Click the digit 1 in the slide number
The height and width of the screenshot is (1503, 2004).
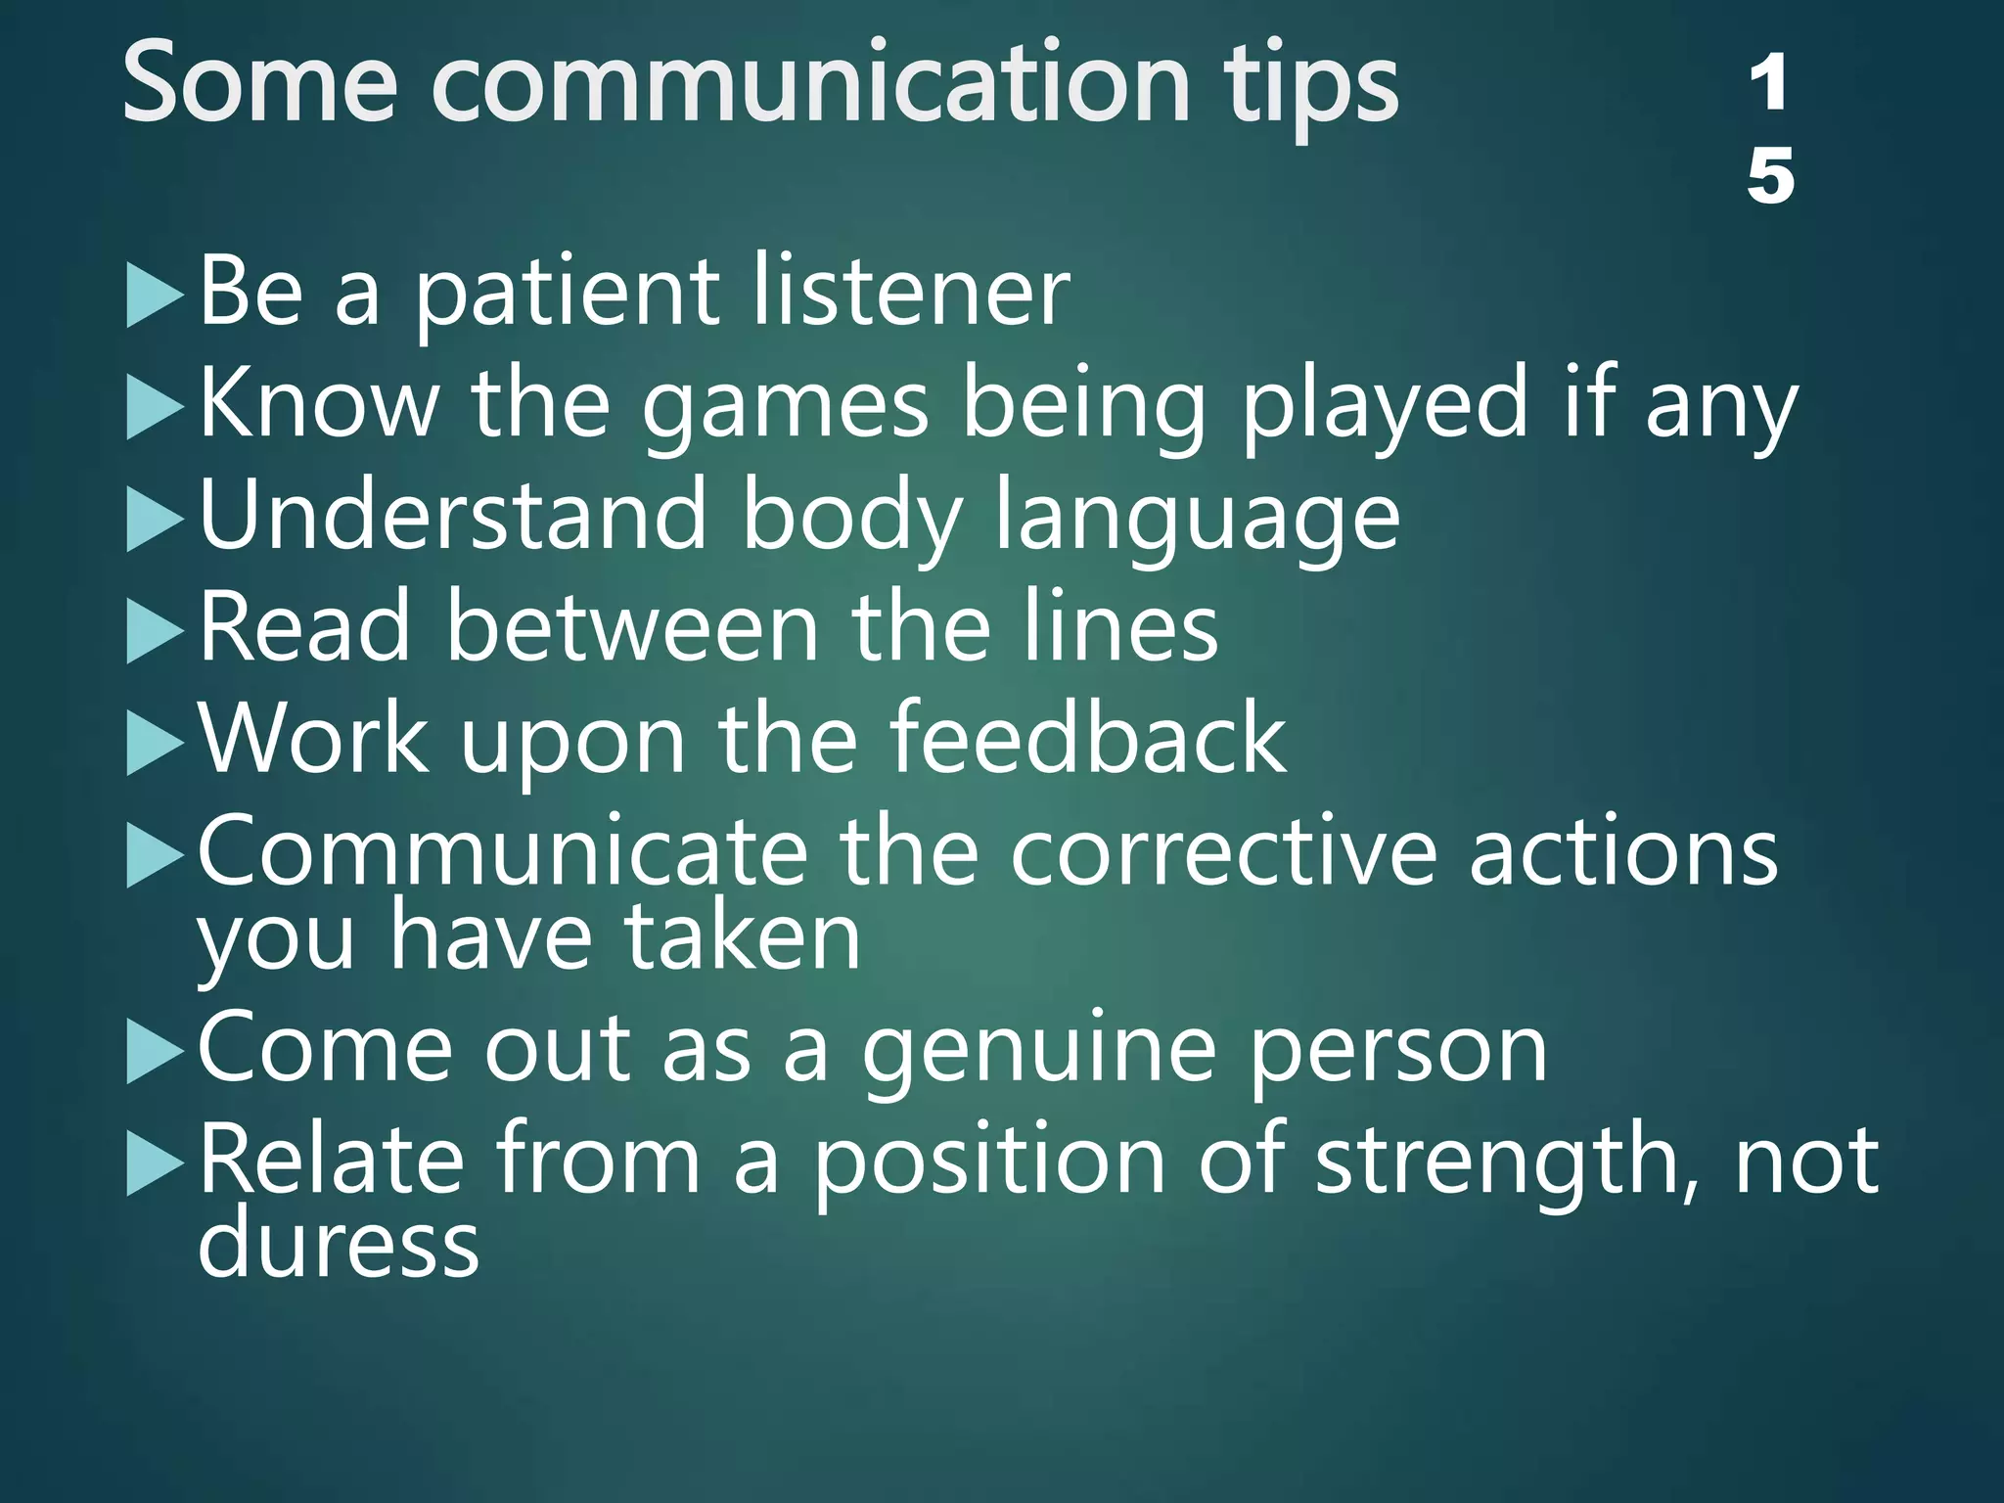(1769, 84)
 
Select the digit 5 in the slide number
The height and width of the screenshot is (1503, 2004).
(1769, 176)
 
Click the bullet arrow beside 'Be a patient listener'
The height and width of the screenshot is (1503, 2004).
(155, 297)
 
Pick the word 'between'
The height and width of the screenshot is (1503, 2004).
(632, 628)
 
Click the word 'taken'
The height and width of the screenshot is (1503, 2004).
(743, 936)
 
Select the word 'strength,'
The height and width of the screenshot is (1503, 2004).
(1508, 1162)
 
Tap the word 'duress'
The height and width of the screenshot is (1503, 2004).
(339, 1244)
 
